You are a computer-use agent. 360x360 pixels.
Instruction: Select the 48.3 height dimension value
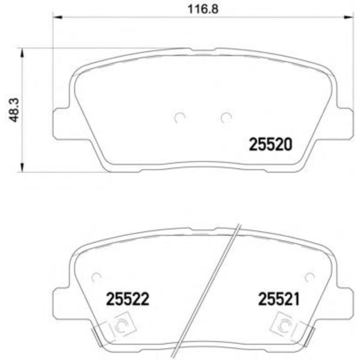15,110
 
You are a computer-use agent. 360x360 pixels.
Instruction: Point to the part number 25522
127,299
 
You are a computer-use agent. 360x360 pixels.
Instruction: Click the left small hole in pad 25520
179,118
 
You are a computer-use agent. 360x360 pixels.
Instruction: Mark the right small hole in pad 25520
226,118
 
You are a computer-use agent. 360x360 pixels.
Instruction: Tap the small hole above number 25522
95,277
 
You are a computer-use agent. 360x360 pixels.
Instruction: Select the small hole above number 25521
309,277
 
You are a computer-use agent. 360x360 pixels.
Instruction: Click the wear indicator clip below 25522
120,326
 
